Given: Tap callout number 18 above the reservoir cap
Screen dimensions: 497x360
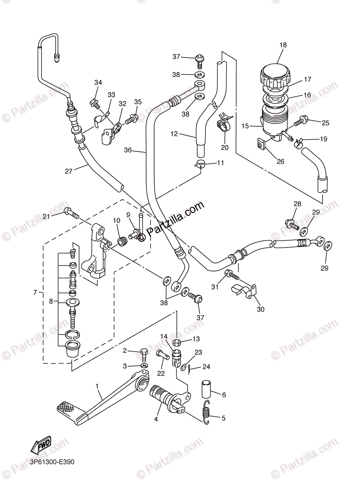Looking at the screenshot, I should tap(283, 45).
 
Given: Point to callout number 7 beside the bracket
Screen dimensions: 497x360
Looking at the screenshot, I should tap(35, 292).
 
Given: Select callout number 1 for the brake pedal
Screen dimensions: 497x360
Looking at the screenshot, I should tap(97, 386).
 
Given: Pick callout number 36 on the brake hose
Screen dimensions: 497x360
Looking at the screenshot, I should tap(128, 150).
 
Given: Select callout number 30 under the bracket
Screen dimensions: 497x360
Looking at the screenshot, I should tap(261, 309).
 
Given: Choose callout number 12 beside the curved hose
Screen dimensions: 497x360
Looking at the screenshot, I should tap(174, 134).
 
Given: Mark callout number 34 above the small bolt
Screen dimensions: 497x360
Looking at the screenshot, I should tap(98, 82).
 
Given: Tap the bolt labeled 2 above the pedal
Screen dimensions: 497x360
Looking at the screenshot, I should tap(143, 354).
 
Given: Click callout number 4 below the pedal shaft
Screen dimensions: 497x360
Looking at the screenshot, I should tap(156, 419).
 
